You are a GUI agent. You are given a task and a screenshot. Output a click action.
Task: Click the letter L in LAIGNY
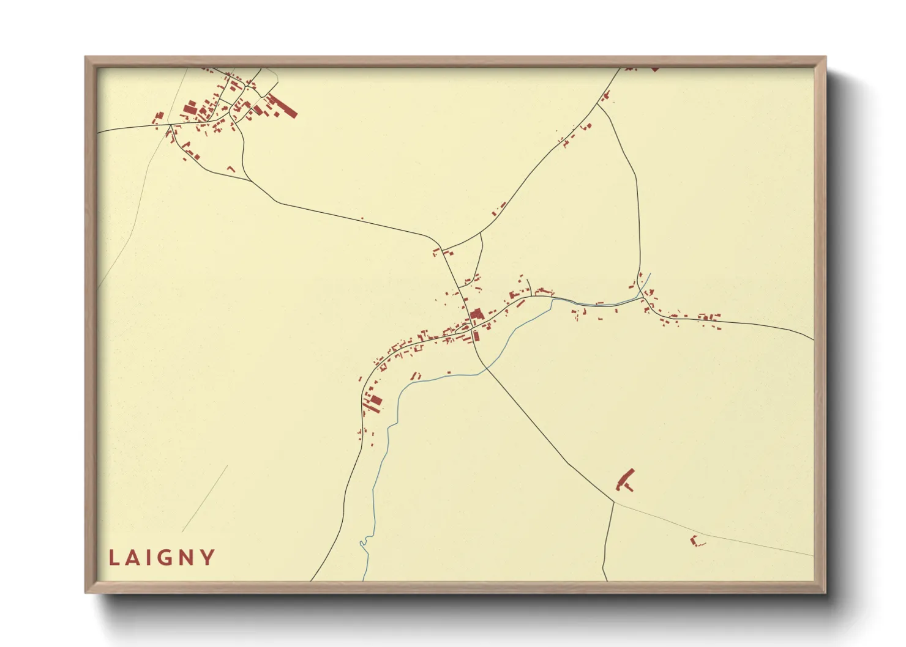point(114,558)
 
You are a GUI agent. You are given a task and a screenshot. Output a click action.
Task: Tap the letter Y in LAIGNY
point(208,558)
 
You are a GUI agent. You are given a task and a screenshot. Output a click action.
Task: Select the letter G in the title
point(162,558)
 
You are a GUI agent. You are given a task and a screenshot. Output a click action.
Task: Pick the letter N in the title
point(185,558)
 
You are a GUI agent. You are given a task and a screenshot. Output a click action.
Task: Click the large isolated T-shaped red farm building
point(625,480)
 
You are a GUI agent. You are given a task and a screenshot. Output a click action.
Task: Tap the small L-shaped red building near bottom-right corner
point(695,541)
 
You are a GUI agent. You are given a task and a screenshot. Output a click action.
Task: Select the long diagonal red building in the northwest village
point(282,106)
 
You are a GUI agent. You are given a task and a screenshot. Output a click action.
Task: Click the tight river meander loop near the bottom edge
point(364,541)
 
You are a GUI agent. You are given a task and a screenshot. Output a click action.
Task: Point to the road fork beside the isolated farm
point(613,502)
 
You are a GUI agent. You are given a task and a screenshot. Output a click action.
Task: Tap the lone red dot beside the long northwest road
point(362,218)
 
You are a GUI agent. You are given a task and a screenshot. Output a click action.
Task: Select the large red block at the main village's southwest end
point(375,401)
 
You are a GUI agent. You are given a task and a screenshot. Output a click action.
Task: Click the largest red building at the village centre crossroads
point(476,314)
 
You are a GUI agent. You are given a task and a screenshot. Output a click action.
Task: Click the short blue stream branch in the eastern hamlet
point(646,283)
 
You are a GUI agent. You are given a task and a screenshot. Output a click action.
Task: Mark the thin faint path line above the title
point(205,498)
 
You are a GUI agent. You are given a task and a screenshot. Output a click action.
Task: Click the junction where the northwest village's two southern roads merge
point(251,181)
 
